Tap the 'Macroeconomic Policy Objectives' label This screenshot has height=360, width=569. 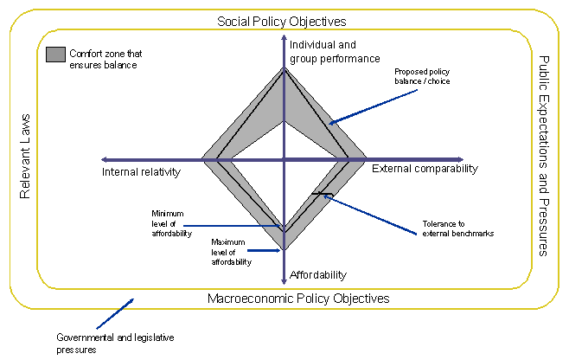298,299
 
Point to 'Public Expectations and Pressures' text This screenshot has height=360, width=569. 543,156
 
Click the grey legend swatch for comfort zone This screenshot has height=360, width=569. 55,55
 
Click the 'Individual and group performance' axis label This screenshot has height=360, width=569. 335,52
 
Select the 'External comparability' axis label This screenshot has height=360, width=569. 425,169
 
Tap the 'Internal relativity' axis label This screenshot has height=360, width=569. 140,172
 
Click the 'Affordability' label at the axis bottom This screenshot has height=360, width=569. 317,275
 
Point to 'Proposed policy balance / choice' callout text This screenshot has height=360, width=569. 422,76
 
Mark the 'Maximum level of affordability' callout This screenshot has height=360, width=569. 231,251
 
